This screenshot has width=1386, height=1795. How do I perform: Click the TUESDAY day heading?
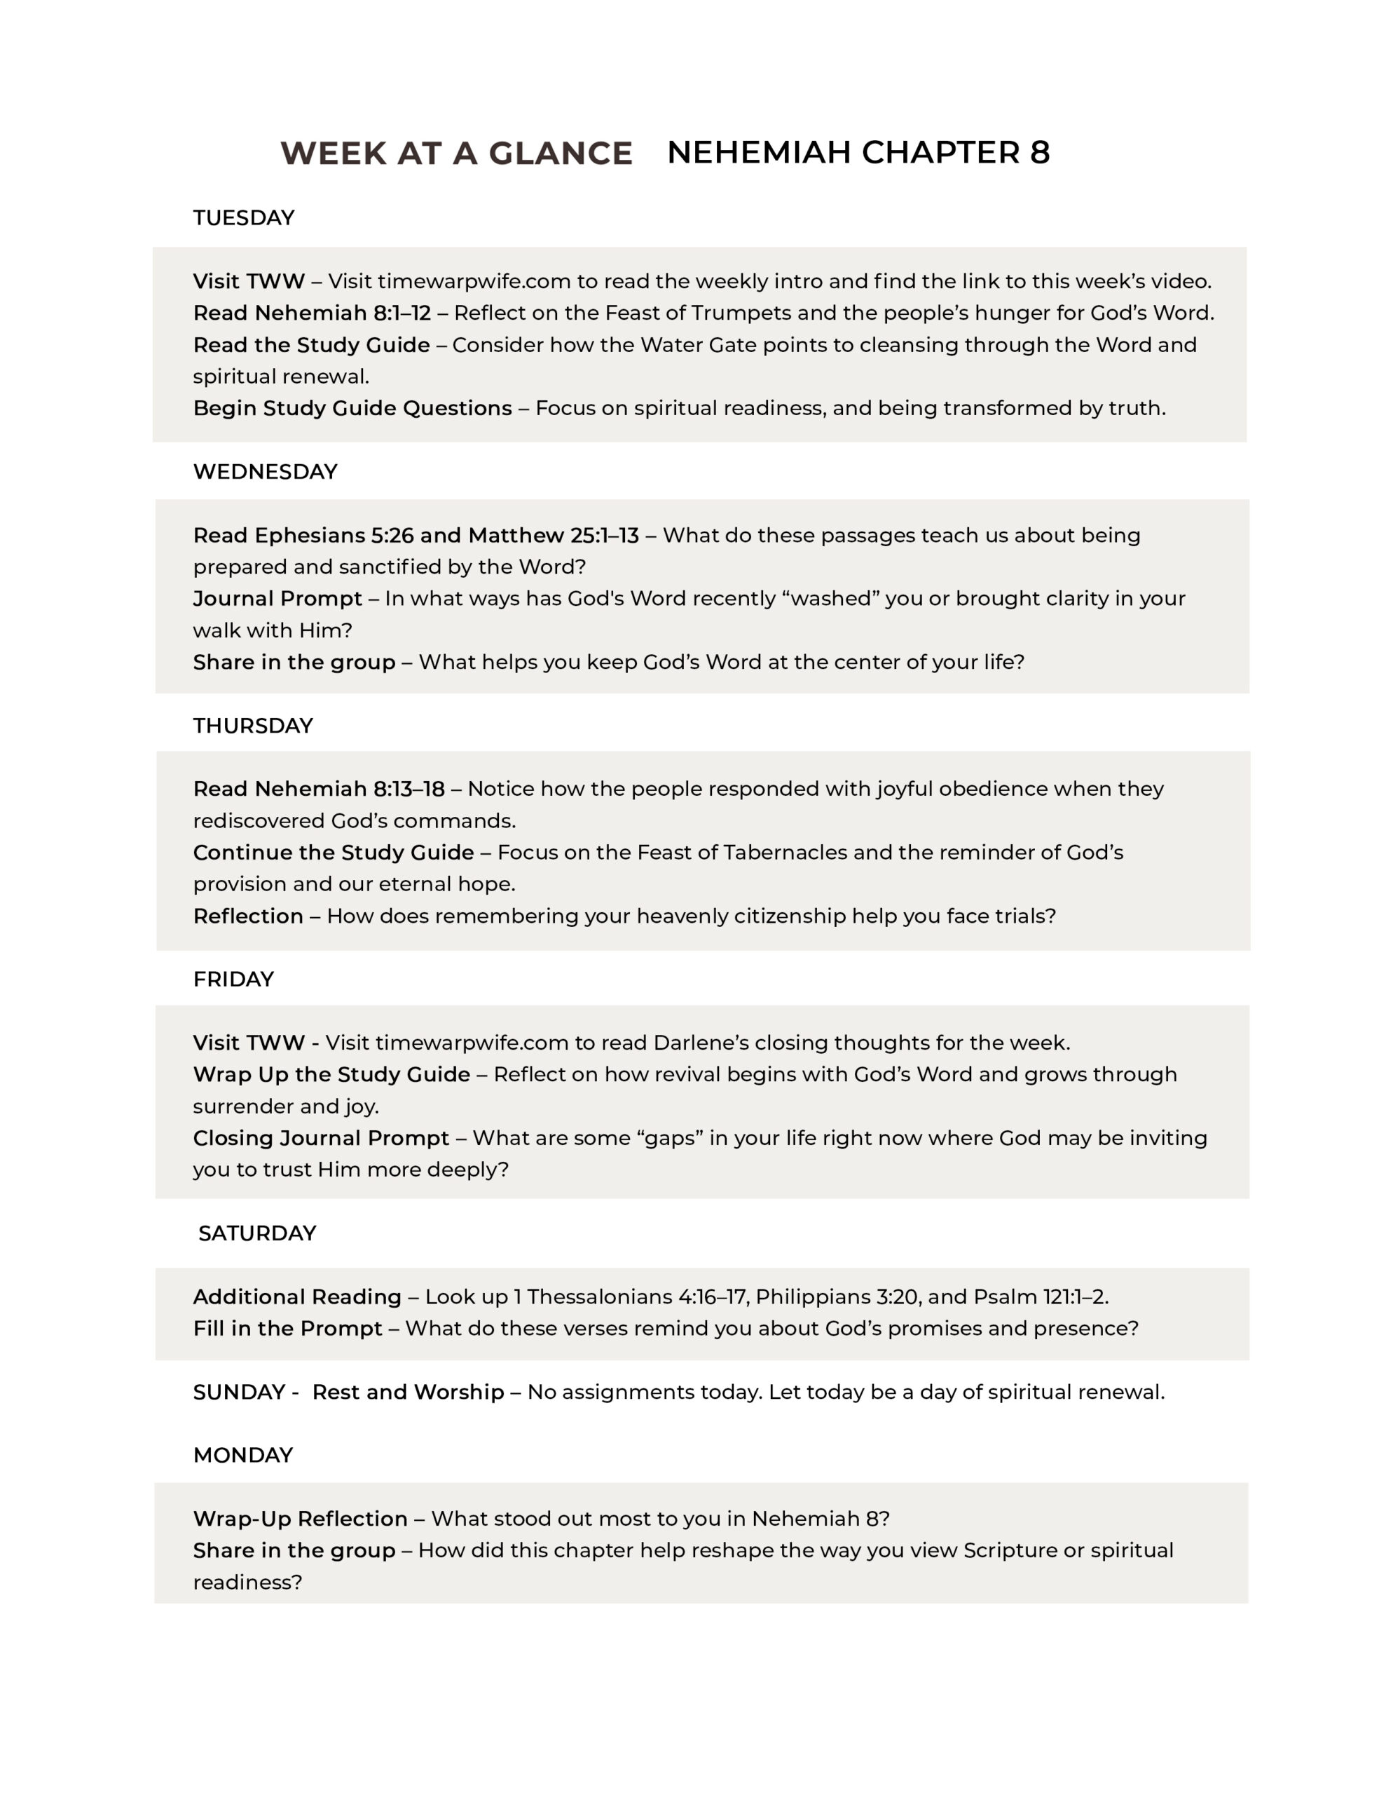click(x=243, y=218)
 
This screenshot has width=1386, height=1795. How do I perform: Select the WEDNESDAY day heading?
click(x=265, y=472)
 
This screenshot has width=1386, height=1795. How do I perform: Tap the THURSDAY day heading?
click(x=252, y=726)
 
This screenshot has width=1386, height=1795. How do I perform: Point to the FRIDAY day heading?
click(x=233, y=979)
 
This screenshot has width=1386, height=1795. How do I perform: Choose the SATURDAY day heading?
click(x=257, y=1233)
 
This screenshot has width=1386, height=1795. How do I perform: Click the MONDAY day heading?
click(x=242, y=1455)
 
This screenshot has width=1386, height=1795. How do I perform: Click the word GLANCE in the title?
click(x=561, y=154)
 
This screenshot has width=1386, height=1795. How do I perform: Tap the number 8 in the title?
click(x=1039, y=153)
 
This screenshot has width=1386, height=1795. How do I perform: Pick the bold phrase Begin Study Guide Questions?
click(x=352, y=409)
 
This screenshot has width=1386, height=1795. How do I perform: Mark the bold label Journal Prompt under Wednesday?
click(x=277, y=598)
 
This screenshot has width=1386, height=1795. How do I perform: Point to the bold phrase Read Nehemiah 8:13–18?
click(x=318, y=789)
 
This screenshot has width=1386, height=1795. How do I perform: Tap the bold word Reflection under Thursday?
click(x=247, y=916)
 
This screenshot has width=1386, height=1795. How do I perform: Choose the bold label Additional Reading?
click(x=296, y=1297)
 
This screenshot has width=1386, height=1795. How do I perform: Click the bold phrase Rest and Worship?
click(x=408, y=1393)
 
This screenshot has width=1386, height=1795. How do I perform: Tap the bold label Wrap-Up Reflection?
click(x=300, y=1519)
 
